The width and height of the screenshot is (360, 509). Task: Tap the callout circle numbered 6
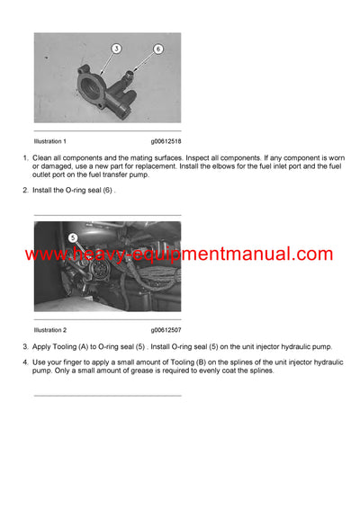click(158, 49)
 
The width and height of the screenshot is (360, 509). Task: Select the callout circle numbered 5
click(74, 238)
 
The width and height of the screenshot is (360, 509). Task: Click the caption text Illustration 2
click(50, 331)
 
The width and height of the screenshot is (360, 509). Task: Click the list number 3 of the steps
click(24, 346)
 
